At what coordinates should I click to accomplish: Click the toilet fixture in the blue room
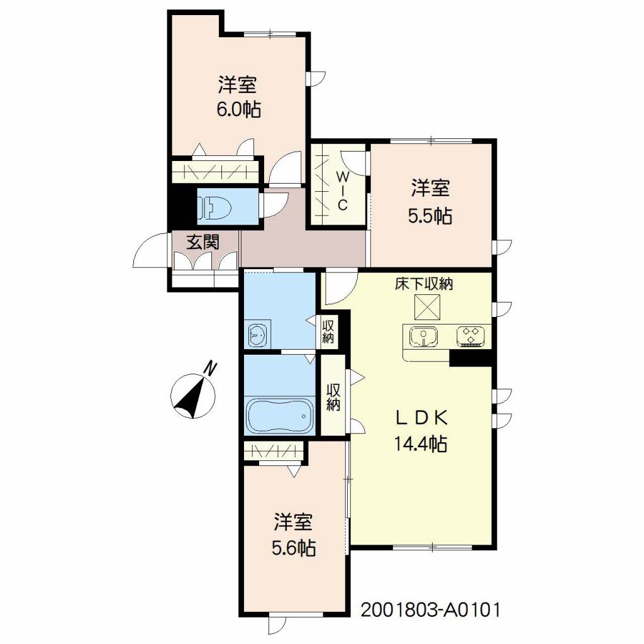214,206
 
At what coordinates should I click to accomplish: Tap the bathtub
279,415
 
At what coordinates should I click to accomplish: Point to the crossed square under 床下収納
427,306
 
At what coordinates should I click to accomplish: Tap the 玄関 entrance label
203,242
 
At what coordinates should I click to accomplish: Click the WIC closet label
343,191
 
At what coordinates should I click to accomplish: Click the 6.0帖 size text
238,109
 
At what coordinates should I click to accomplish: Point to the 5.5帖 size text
430,216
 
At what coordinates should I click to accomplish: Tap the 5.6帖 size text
294,548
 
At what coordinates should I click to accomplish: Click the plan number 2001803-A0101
430,610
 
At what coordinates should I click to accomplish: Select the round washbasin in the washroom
257,335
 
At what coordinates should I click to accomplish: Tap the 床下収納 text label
424,284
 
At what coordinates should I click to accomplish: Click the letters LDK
421,418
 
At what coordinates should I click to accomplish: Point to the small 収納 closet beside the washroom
328,332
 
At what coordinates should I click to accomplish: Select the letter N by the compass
210,368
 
